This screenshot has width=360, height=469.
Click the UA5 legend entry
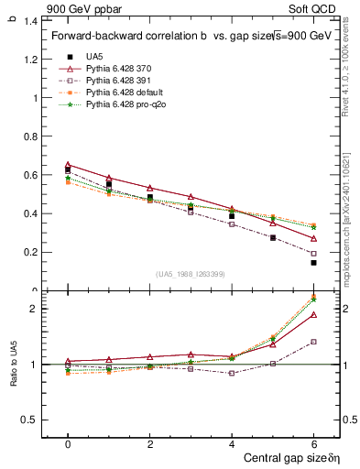point(94,57)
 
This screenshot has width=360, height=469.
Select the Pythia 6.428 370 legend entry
point(120,69)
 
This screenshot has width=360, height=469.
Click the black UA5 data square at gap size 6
point(313,263)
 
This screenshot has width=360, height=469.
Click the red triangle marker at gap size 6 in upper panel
point(313,239)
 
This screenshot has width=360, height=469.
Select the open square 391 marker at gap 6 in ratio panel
point(313,342)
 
